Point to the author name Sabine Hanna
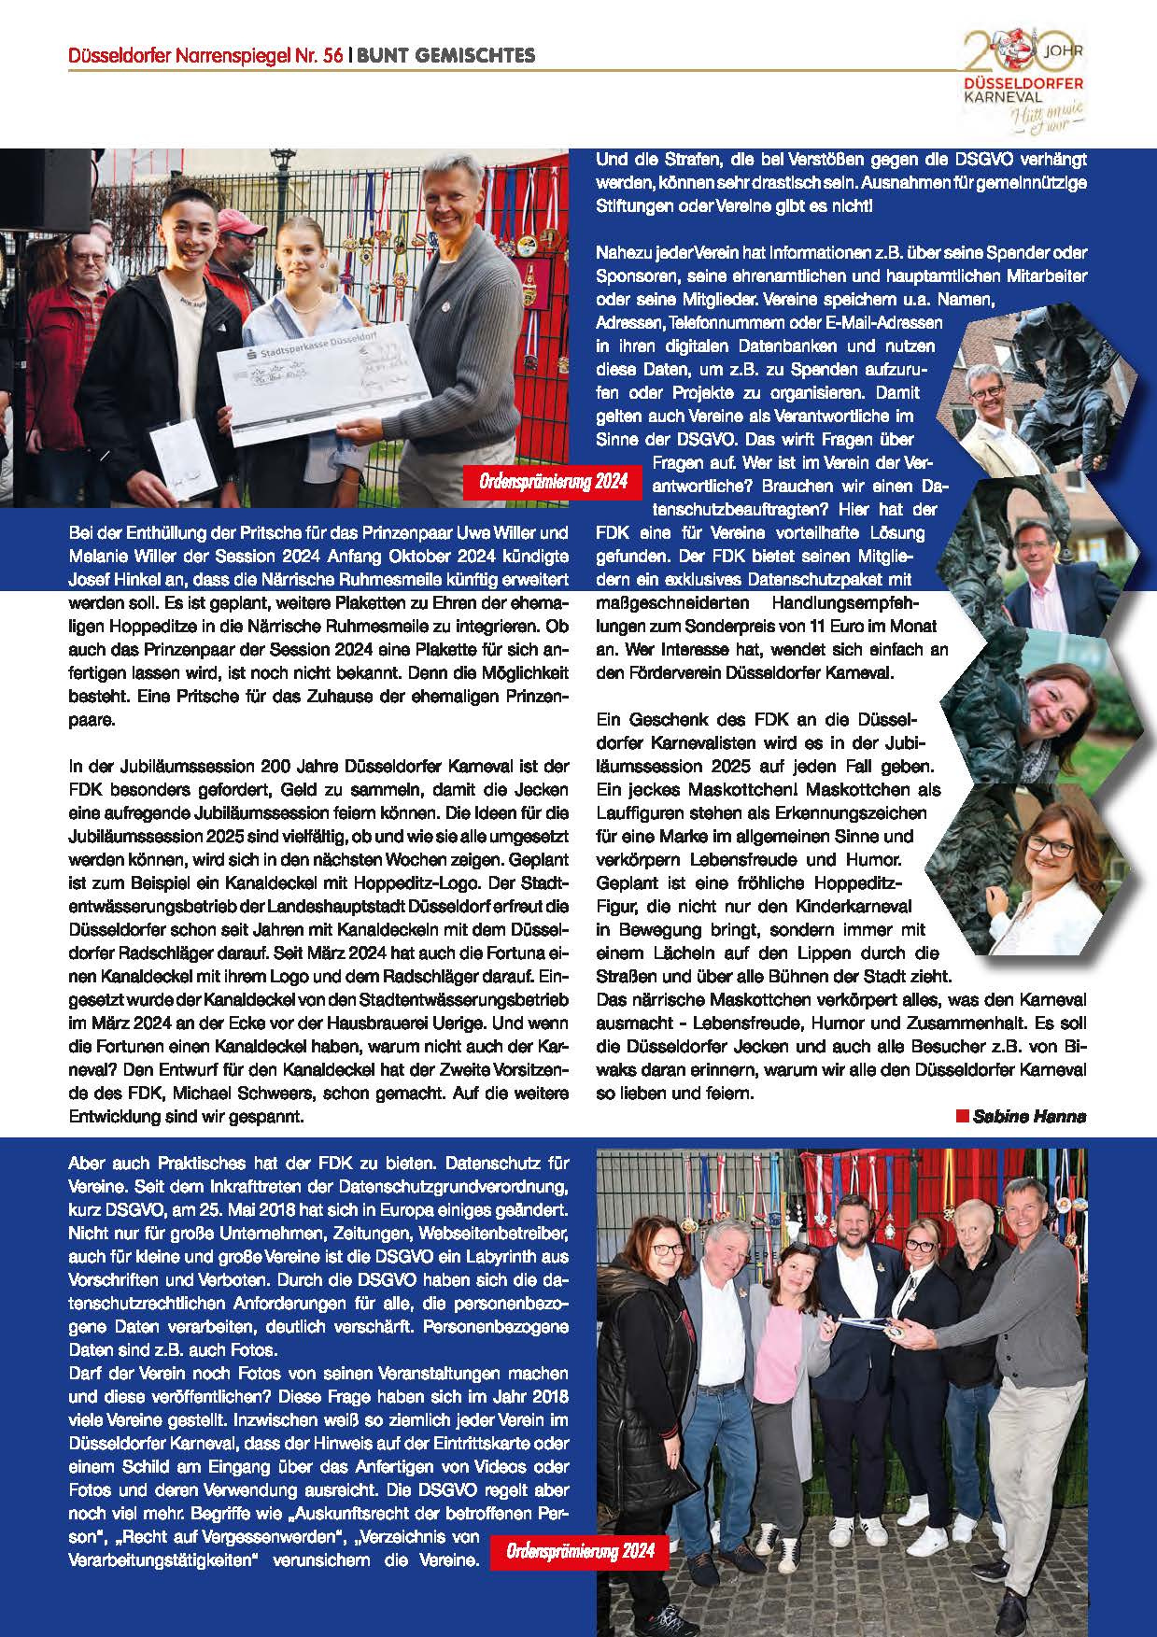tap(1029, 1116)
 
